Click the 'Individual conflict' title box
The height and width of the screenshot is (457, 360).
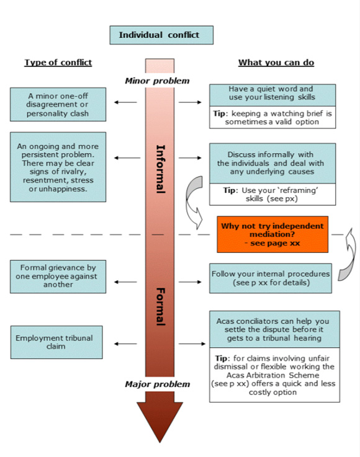click(x=161, y=35)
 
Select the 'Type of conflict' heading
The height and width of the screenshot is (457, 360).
click(x=58, y=63)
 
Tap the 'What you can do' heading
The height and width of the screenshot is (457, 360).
click(x=276, y=63)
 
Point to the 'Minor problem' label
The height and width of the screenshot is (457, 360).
click(x=157, y=81)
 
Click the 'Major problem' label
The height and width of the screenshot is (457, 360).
click(x=157, y=384)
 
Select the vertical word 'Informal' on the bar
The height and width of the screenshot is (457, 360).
click(x=160, y=169)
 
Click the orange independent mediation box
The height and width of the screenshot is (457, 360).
click(x=271, y=234)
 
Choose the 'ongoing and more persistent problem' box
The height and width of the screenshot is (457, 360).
click(x=58, y=166)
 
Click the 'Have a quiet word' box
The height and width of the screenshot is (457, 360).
click(x=272, y=94)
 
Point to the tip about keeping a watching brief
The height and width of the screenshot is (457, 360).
click(x=272, y=118)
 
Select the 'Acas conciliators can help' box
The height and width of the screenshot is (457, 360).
click(x=274, y=329)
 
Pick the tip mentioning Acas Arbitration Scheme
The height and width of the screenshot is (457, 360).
click(x=274, y=375)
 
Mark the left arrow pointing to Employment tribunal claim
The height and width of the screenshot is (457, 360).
click(x=126, y=343)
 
